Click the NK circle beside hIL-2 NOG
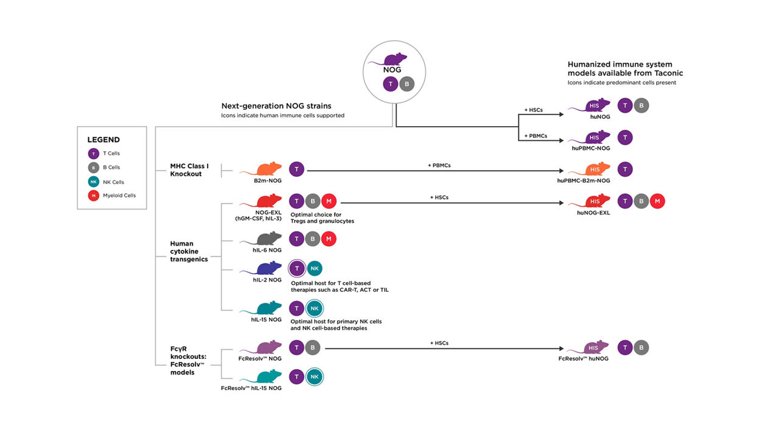click(x=315, y=269)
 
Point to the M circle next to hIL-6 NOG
click(x=329, y=239)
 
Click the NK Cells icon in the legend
click(x=93, y=182)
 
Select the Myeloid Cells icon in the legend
click(x=93, y=196)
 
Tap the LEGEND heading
click(x=103, y=140)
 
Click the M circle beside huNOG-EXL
click(x=657, y=202)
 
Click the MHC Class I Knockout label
click(x=190, y=169)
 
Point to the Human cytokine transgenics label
click(x=189, y=251)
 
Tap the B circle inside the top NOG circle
click(x=407, y=84)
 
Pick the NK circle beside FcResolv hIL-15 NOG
click(x=315, y=377)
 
